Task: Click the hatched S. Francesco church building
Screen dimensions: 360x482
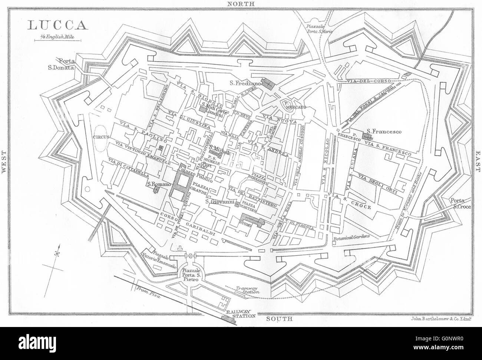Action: tap(367, 136)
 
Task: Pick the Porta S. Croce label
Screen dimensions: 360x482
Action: tap(459, 204)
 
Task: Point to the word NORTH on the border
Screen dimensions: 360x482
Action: tap(241, 4)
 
